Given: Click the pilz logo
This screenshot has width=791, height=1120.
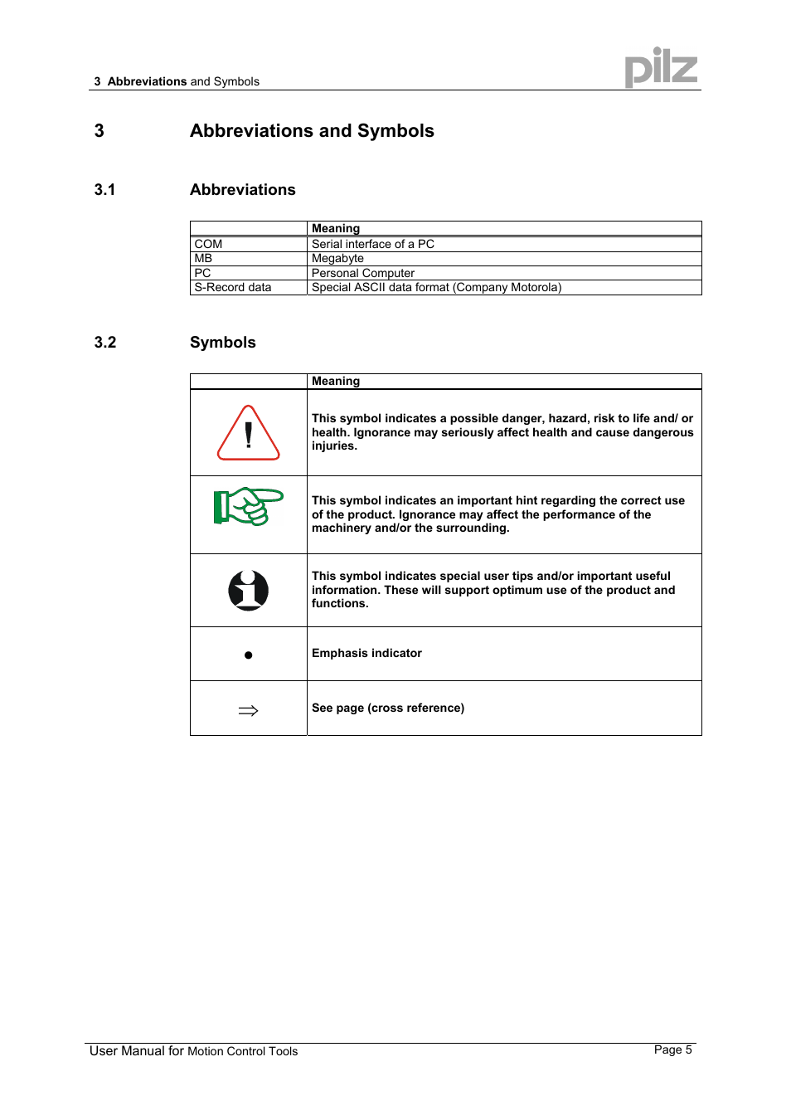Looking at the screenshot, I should (661, 68).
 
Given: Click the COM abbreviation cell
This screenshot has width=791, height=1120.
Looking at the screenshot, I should (208, 244).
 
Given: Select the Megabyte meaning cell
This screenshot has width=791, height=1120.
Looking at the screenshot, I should (337, 258).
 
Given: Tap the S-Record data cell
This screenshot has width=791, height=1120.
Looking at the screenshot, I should (233, 287).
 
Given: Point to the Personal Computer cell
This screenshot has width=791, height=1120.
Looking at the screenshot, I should (363, 273).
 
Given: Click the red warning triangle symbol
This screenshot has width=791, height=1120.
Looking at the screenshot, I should (249, 434).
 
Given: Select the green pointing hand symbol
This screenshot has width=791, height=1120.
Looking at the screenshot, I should (248, 506).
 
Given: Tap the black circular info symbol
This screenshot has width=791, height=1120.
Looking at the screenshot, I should (249, 591).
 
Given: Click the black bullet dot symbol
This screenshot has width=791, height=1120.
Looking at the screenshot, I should (249, 655).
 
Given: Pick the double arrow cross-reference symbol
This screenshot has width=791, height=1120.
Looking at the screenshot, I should (249, 710).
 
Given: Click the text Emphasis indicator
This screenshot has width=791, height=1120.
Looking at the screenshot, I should (366, 653).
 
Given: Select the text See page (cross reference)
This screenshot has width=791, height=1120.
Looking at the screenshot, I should (388, 708).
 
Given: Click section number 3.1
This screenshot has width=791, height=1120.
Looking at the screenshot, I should (104, 189).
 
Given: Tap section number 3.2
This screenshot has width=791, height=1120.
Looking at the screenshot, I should (105, 342).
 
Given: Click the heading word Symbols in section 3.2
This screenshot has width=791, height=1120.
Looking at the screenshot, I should (223, 342).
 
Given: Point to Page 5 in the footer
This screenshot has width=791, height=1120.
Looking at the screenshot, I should (672, 1049).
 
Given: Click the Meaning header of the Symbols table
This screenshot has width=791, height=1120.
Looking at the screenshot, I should (336, 381).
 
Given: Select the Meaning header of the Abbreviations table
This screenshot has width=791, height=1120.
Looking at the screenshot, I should (336, 228).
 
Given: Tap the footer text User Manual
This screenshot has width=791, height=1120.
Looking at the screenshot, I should (127, 1050).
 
